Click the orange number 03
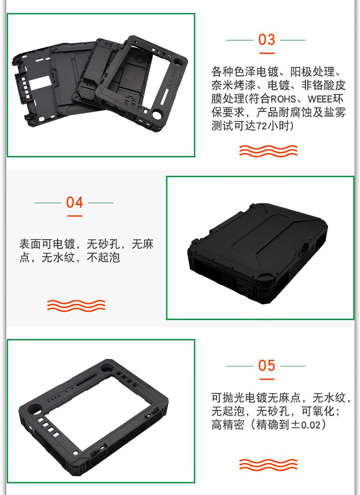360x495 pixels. coord(266,40)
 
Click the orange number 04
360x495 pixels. coord(74,202)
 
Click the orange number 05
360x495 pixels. coord(266,365)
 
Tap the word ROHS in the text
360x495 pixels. coord(283,99)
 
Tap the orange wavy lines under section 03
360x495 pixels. coord(268,151)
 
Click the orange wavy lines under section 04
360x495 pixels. coord(76,306)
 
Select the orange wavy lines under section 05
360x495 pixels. coord(268,464)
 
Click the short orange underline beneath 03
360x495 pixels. coord(267,53)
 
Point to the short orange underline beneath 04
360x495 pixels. coord(75,216)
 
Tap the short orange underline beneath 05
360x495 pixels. coord(267,379)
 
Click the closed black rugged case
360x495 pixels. coord(257,254)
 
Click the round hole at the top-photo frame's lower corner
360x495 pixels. coord(156,114)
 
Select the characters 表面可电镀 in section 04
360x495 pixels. coord(47,244)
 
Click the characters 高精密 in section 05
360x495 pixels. coord(228,424)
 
